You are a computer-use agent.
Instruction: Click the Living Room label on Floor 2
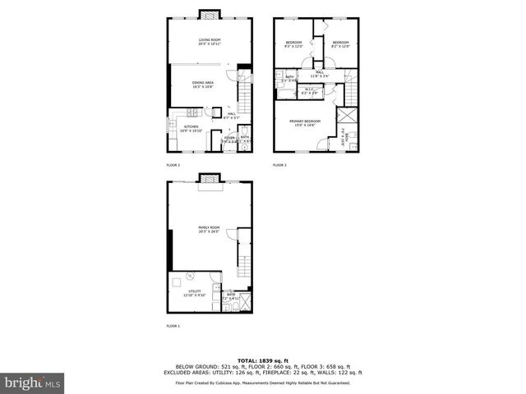pyautogui.click(x=210, y=41)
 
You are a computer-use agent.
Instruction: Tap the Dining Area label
pyautogui.click(x=203, y=85)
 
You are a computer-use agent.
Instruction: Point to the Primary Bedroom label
pyautogui.click(x=304, y=122)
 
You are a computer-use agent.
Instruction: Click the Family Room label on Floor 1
pyautogui.click(x=209, y=229)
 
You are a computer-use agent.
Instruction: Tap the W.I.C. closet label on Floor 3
pyautogui.click(x=310, y=90)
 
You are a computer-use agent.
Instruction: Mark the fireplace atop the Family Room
pyautogui.click(x=210, y=176)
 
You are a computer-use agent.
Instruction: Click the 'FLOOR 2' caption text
pyautogui.click(x=173, y=166)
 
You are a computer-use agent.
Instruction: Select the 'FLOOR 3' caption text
pyautogui.click(x=279, y=166)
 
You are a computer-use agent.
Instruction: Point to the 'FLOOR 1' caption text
pyautogui.click(x=173, y=327)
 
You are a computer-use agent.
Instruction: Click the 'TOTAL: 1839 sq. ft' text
pyautogui.click(x=262, y=361)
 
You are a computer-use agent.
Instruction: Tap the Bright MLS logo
pyautogui.click(x=31, y=383)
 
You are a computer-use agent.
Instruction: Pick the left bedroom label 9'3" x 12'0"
pyautogui.click(x=294, y=44)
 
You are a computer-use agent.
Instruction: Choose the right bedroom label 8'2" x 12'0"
pyautogui.click(x=341, y=44)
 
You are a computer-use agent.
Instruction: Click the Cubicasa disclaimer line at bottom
pyautogui.click(x=262, y=383)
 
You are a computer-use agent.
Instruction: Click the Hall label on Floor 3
pyautogui.click(x=320, y=75)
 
